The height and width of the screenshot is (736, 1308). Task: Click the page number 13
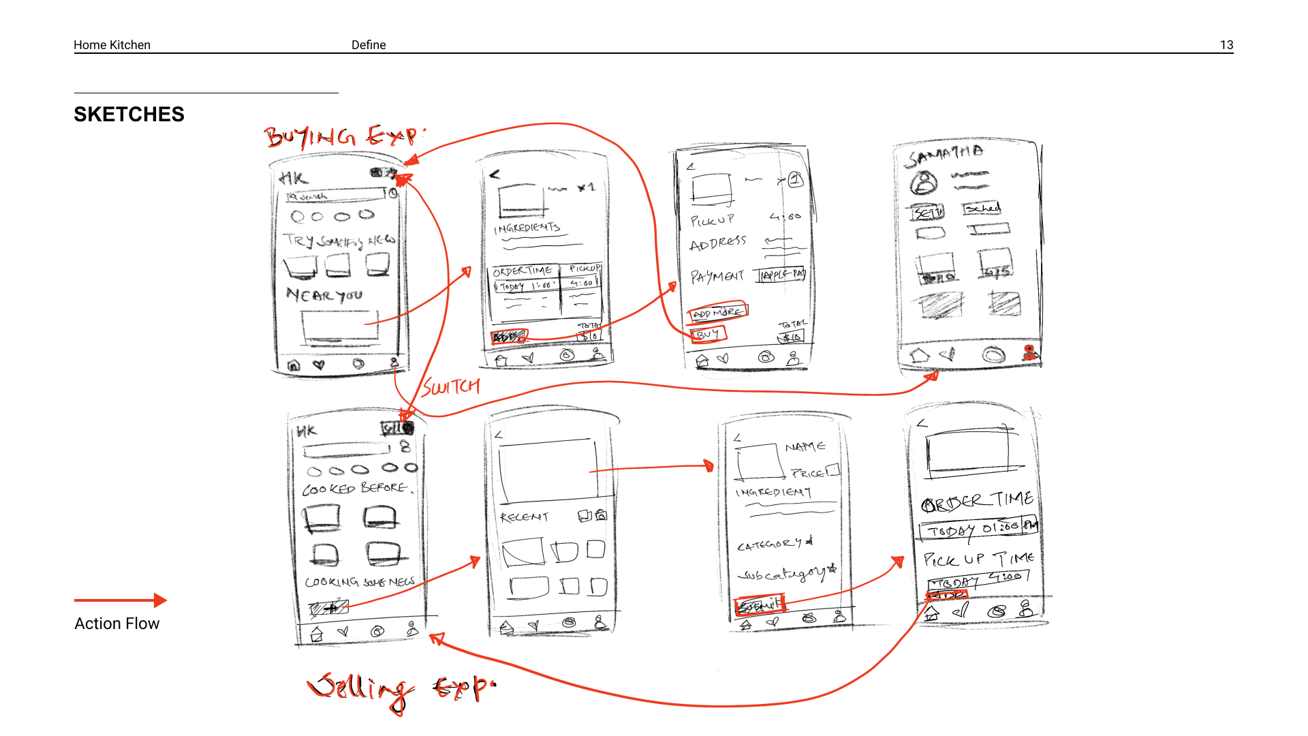coord(1226,45)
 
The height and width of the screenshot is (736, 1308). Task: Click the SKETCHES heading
coord(129,114)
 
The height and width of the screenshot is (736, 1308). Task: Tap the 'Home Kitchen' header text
coord(112,45)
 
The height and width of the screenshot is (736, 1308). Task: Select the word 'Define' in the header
coord(369,45)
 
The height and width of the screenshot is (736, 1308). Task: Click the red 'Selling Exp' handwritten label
coord(401,688)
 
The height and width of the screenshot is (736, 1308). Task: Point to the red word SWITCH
coord(451,387)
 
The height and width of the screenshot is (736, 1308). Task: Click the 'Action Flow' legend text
coord(116,624)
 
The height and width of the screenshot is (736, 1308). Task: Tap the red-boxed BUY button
coord(708,334)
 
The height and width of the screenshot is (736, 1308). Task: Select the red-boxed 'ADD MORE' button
coord(718,312)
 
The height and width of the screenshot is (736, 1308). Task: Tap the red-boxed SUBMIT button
coord(760,604)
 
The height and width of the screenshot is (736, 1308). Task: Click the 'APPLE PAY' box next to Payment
coord(783,275)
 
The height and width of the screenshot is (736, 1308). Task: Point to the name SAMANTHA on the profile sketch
coord(944,155)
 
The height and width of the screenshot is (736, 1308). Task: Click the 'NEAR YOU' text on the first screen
coord(324,295)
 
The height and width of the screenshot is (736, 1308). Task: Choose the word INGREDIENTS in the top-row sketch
coord(527,228)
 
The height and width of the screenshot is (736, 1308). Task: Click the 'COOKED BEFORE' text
coord(355,489)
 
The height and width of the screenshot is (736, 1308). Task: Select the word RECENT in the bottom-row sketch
coord(524,517)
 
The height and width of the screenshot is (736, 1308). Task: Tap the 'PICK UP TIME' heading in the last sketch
coord(978,559)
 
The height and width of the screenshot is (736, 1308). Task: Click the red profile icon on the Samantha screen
coord(1029,352)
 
